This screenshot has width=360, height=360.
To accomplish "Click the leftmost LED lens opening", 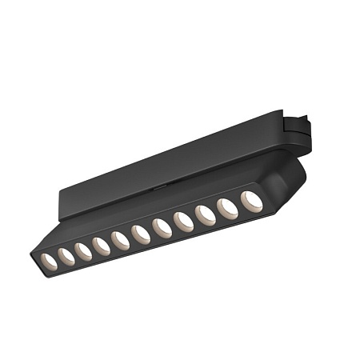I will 48,260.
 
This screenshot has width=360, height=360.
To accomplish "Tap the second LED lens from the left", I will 66,255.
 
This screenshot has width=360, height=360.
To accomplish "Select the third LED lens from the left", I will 83,250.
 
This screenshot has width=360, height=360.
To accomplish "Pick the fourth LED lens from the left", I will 102,246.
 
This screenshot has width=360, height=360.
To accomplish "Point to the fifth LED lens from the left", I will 121,240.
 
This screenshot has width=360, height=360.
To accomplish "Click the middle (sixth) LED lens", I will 141,234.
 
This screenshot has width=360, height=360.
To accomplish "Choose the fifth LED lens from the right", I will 162,229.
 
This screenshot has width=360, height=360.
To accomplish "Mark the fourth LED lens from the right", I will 183,222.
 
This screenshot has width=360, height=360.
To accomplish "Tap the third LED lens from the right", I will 205,215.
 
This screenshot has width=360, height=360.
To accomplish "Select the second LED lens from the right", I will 228,208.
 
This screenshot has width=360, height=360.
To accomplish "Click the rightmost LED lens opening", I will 252,201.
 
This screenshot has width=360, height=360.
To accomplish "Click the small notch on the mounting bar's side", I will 160,185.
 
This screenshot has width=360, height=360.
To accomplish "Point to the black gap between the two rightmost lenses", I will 240,205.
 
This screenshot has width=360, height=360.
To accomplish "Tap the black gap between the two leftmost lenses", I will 57,258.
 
